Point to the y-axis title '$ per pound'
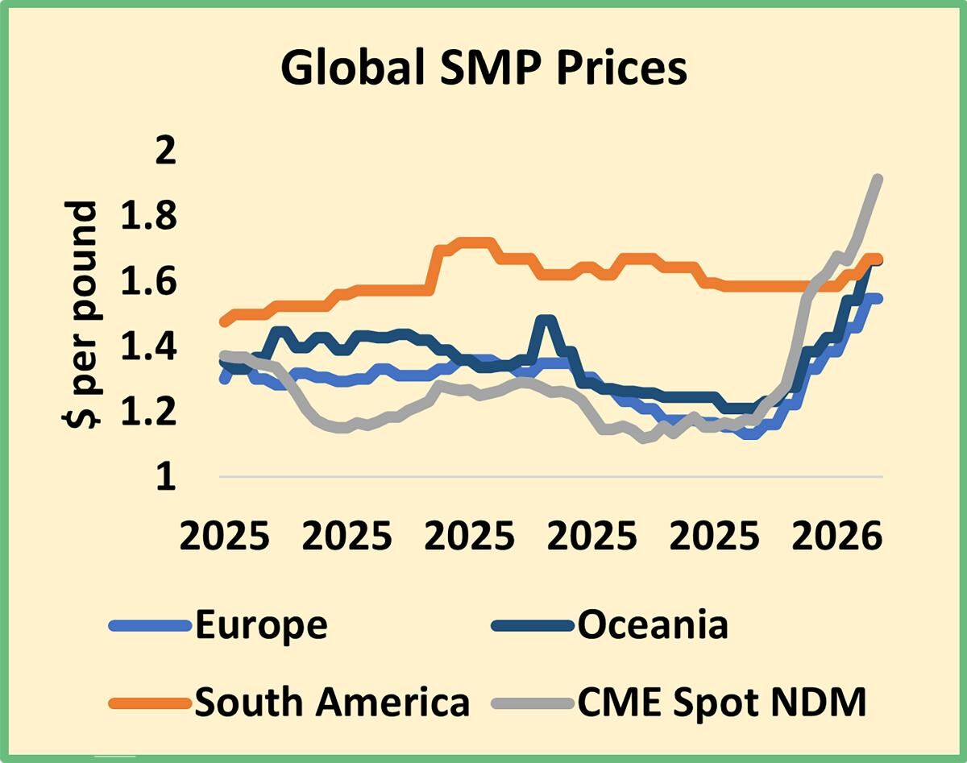pos(81,314)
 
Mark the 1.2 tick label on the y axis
pos(149,412)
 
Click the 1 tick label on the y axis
pos(166,477)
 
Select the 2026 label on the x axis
pos(836,536)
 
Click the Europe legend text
pos(262,626)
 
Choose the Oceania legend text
pos(653,625)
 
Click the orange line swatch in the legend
pos(150,703)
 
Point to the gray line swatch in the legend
pos(533,703)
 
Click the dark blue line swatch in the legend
pos(533,626)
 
